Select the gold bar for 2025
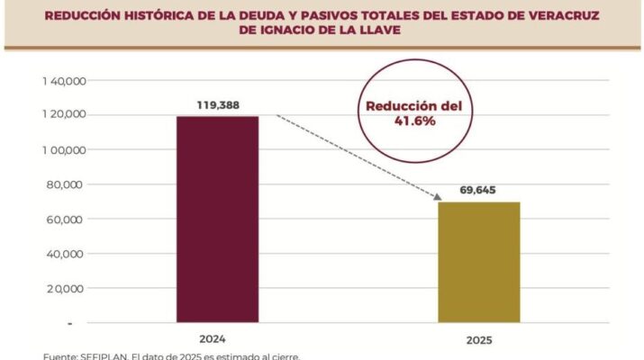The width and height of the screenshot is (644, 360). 478,261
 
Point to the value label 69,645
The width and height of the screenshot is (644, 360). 478,191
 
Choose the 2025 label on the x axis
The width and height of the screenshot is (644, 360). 478,340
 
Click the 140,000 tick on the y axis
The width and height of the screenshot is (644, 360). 63,81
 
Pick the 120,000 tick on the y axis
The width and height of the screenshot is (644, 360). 63,115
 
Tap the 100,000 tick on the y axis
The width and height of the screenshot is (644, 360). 63,149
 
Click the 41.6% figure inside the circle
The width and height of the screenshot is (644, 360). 413,121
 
